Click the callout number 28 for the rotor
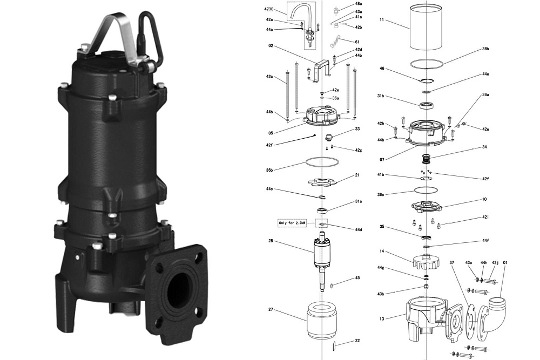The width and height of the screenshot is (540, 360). [x=271, y=241]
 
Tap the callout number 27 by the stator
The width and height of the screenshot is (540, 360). [x=271, y=309]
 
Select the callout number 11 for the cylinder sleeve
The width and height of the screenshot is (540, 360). [x=382, y=20]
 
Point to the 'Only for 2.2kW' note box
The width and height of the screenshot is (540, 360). [x=292, y=223]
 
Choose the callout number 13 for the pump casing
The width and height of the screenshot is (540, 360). [x=382, y=318]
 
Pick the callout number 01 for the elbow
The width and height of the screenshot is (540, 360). [x=505, y=263]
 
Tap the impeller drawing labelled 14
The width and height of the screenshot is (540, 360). [x=426, y=262]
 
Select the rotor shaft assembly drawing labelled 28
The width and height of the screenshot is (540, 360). [x=322, y=260]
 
